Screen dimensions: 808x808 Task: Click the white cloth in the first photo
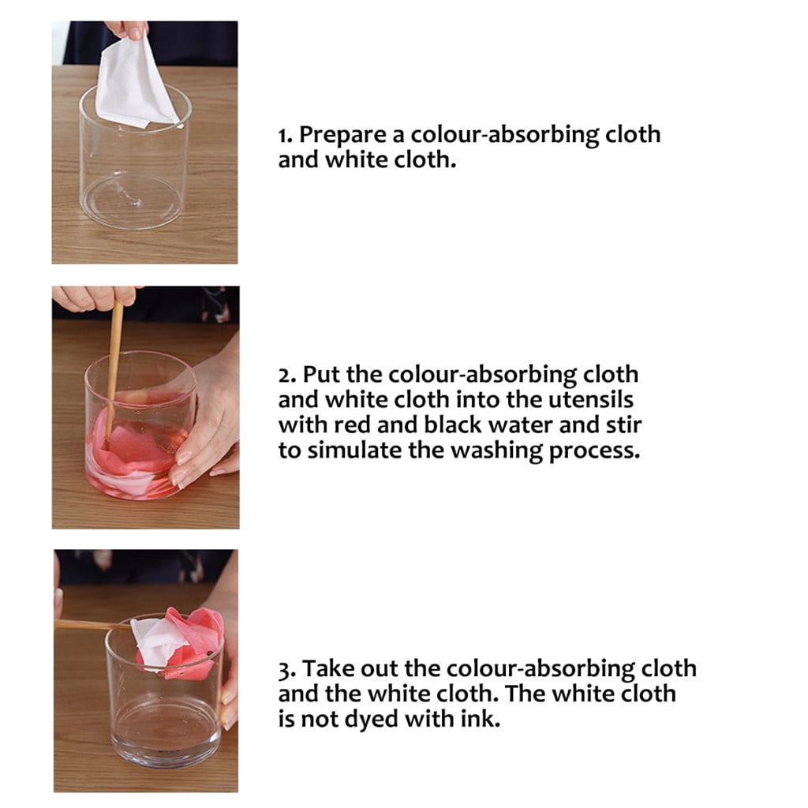(133, 85)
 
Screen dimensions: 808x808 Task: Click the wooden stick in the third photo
(93, 625)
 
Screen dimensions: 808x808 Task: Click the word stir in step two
(623, 425)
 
